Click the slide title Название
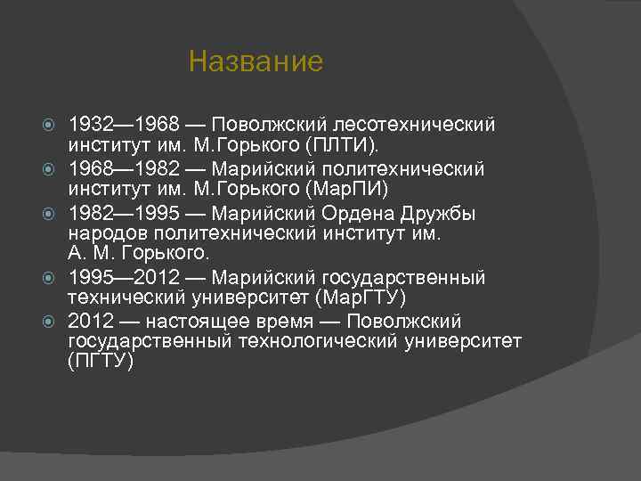tap(256, 62)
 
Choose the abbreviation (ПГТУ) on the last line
tap(101, 362)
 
